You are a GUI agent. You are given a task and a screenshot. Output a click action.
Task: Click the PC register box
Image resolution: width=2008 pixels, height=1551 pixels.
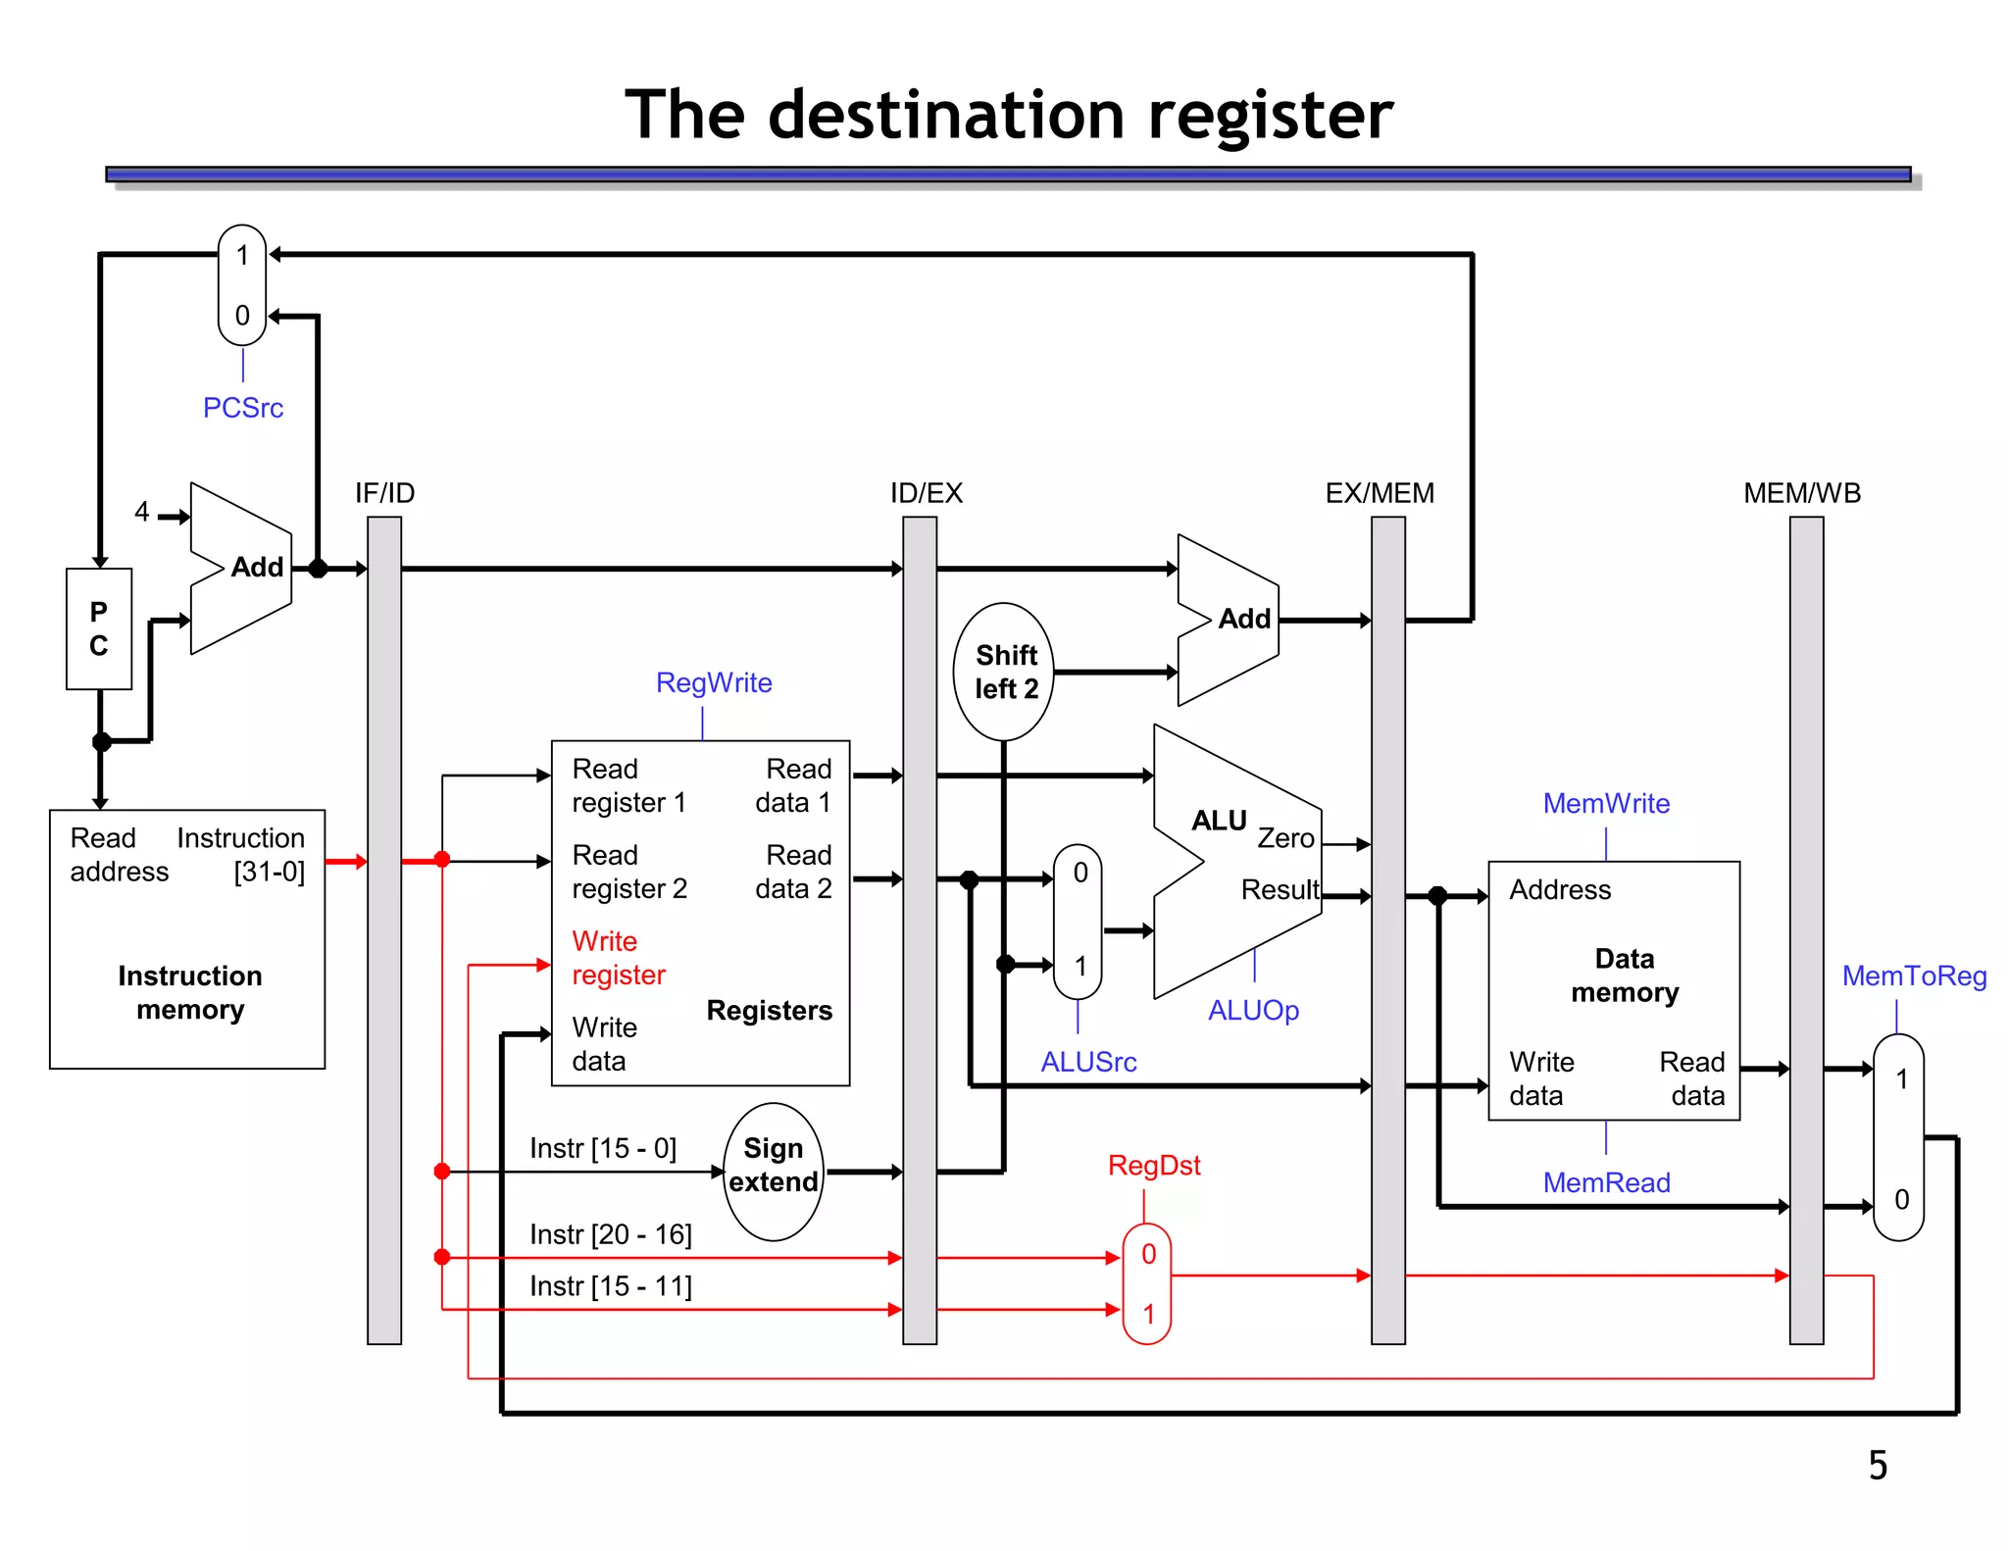point(99,628)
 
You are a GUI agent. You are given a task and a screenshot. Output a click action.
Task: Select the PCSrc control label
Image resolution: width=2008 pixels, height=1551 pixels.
point(243,408)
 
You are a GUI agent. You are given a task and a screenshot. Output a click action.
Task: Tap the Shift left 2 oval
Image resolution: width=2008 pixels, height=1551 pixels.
point(1004,672)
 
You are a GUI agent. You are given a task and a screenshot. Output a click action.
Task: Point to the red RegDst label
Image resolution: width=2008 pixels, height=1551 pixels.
point(1153,1166)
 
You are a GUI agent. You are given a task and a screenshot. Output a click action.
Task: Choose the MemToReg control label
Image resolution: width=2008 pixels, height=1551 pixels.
point(1913,976)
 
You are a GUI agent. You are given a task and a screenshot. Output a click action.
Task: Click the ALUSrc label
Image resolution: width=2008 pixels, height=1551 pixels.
point(1088,1062)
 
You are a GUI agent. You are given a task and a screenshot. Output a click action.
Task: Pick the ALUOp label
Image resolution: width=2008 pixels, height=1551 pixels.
point(1252,1011)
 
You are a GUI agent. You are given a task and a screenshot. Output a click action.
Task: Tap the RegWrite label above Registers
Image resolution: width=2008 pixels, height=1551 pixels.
point(714,683)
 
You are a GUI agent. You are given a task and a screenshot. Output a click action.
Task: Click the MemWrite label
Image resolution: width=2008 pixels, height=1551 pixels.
point(1605,804)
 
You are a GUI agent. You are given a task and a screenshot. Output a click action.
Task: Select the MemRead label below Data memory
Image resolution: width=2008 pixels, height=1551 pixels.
point(1605,1183)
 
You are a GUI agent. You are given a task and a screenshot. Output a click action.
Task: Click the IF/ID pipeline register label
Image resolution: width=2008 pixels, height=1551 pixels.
point(384,493)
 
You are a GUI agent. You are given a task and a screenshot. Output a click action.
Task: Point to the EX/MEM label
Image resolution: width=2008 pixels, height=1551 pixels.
point(1379,493)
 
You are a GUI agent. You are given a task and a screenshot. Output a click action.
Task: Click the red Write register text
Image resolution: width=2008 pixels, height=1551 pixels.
point(618,958)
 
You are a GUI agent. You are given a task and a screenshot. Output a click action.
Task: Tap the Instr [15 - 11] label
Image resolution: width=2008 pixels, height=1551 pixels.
point(610,1286)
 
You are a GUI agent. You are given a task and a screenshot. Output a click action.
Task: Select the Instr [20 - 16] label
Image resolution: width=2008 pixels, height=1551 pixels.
point(610,1234)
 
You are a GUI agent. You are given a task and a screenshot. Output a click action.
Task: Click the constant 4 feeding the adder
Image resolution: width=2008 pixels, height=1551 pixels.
point(142,512)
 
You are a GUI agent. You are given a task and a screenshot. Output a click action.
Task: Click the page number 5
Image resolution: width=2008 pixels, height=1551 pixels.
point(1877,1466)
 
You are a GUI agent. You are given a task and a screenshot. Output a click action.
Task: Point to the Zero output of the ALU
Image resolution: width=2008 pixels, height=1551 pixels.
point(1285,838)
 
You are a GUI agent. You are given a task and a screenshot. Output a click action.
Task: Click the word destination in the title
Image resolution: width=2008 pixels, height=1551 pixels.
point(946,116)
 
